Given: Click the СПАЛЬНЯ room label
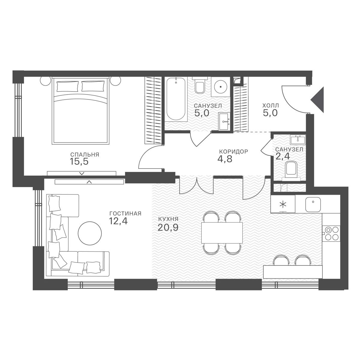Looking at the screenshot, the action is pos(85,155).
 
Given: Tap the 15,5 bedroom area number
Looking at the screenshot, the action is pos(79,162).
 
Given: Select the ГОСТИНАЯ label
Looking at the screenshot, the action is pos(125,214).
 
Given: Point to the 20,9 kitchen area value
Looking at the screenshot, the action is pos(168,227).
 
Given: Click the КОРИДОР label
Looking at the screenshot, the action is pos(233,151).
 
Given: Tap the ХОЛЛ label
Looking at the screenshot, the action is pos(271,106).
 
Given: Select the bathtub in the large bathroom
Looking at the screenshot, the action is pos(176,99).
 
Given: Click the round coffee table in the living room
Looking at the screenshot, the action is pos(90,233).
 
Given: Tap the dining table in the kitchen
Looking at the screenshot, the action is pos(222,233).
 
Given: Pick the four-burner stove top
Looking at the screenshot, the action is pos(331,233).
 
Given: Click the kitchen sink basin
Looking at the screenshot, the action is pos(313,204).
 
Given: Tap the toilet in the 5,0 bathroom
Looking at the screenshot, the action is pos(199,86).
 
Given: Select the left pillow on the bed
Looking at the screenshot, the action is pos(67,86).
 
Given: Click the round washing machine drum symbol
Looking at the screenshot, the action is pos(221,87).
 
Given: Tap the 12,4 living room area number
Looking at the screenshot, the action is pos(118,221).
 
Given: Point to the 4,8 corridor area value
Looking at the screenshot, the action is pos(225,159).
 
